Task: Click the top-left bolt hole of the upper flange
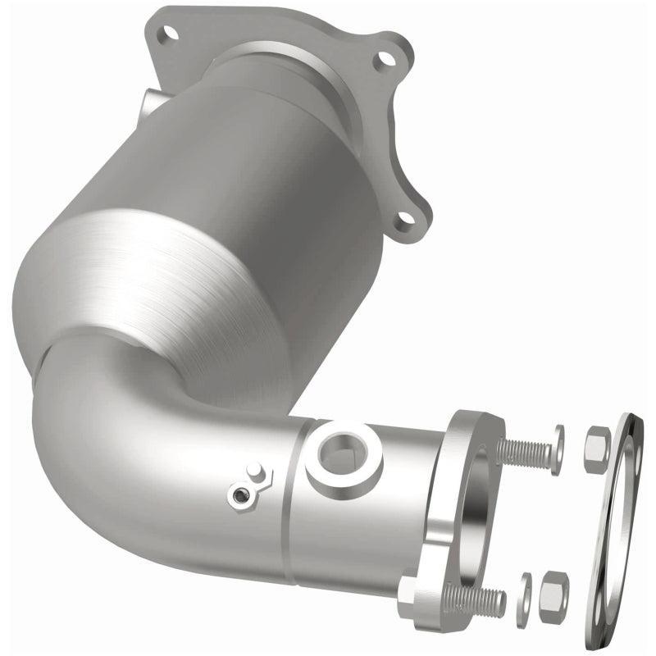pyautogui.click(x=170, y=34)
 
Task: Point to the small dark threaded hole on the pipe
pyautogui.click(x=239, y=494)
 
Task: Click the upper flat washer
pyautogui.click(x=558, y=450)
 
